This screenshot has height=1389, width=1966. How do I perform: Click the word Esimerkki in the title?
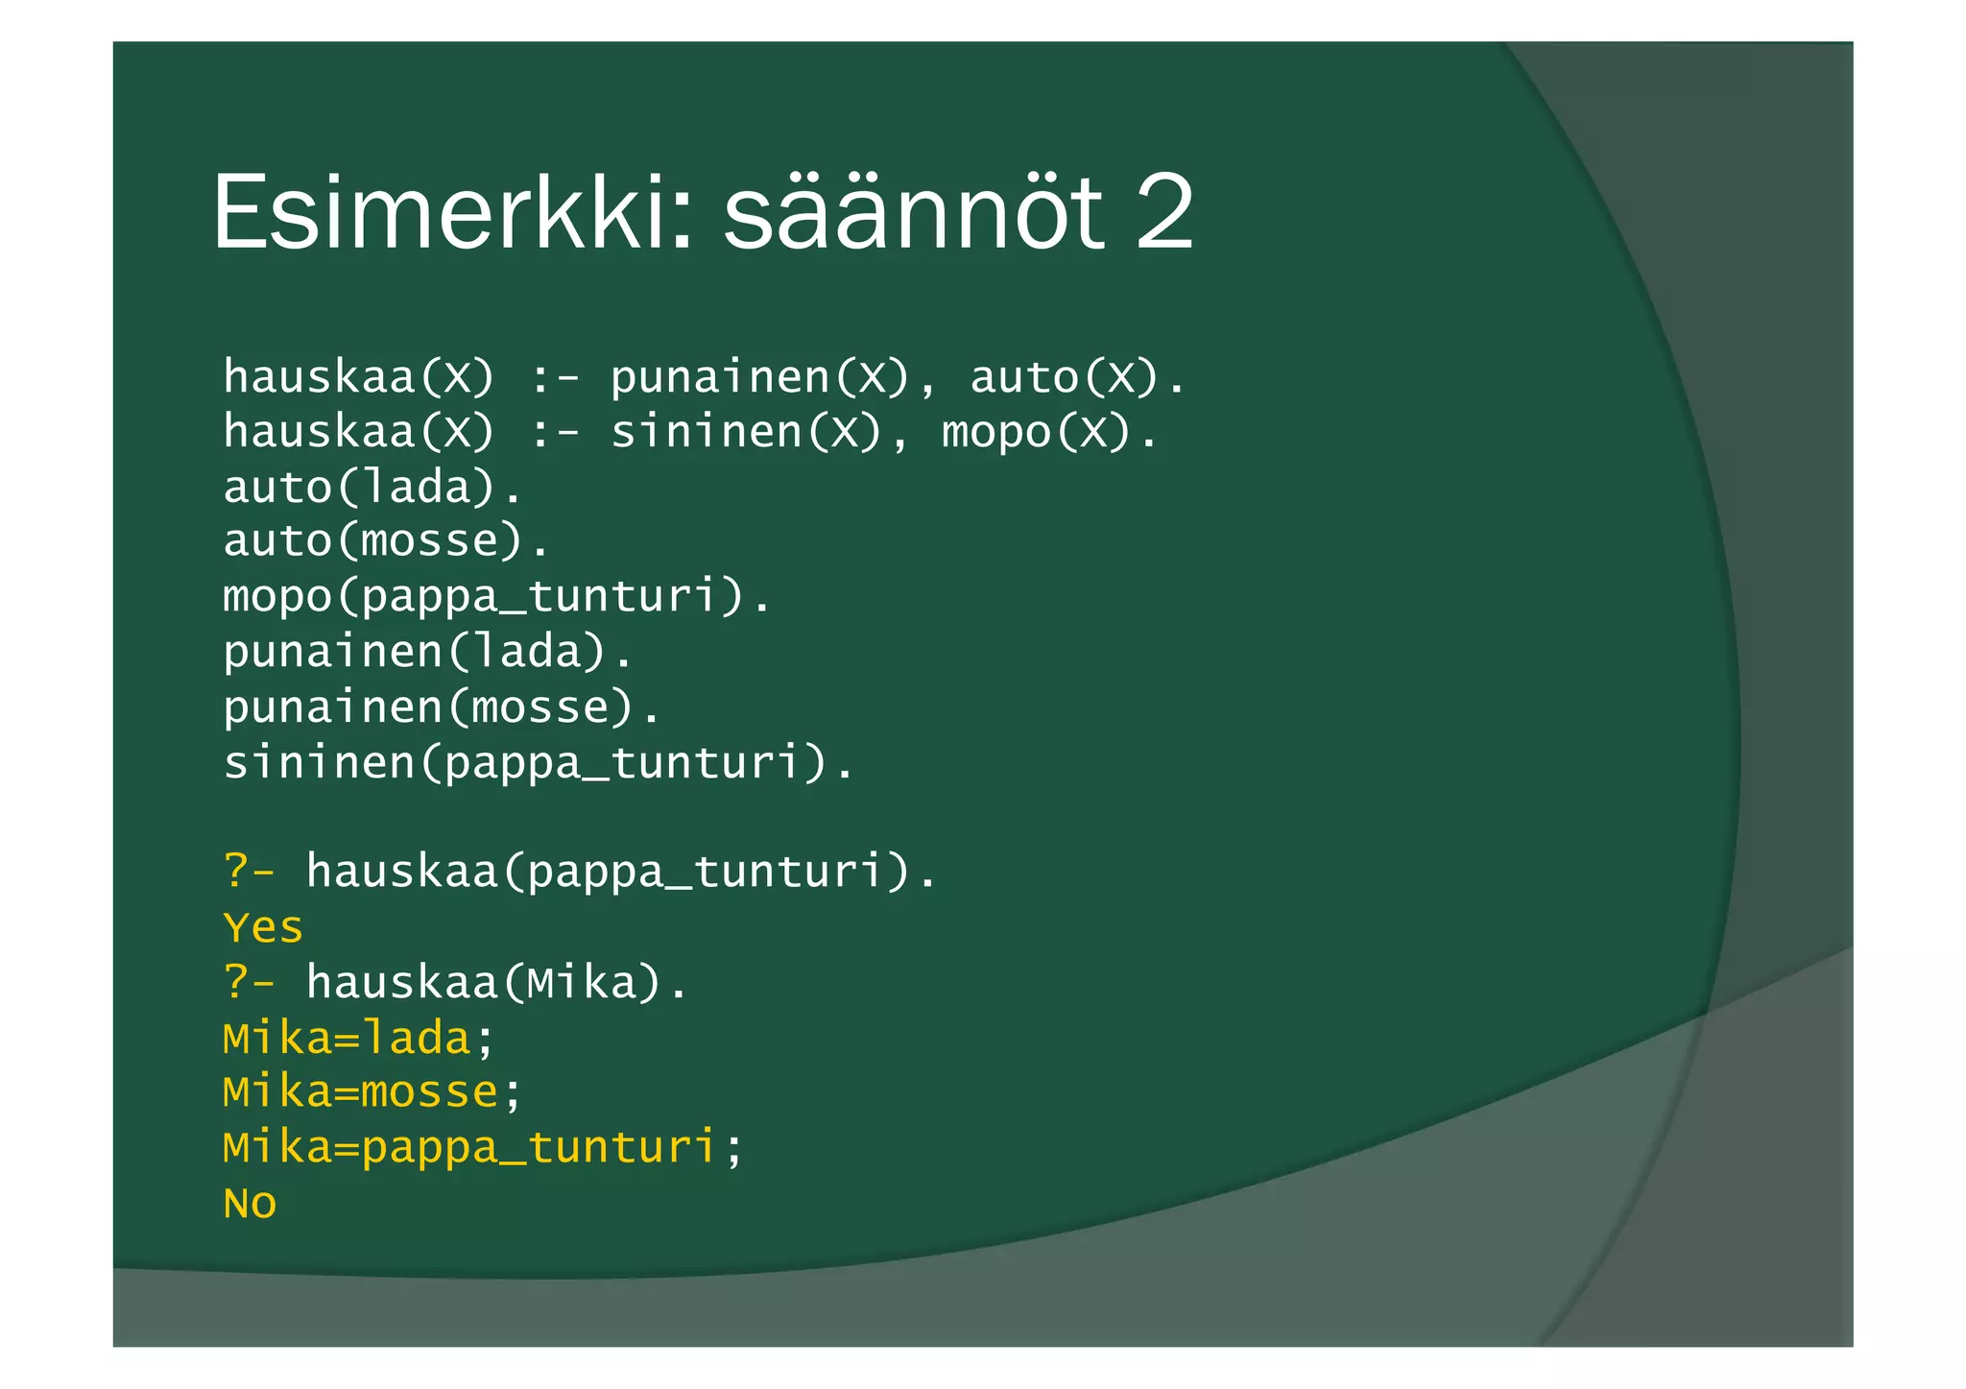pyautogui.click(x=451, y=212)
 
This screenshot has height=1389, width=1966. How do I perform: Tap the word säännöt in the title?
pyautogui.click(x=913, y=212)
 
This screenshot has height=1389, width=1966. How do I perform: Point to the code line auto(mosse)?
pyautogui.click(x=386, y=541)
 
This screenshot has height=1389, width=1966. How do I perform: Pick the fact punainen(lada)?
pyautogui.click(x=428, y=652)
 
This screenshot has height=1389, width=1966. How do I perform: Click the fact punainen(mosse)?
pyautogui.click(x=442, y=707)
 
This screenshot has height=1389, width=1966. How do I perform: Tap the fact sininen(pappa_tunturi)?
pyautogui.click(x=538, y=763)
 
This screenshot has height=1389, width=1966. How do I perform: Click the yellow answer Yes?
pyautogui.click(x=263, y=928)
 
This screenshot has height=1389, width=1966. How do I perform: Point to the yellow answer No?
pyautogui.click(x=250, y=1204)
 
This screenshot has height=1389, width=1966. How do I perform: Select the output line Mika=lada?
pyautogui.click(x=358, y=1039)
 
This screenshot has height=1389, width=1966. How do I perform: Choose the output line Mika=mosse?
pyautogui.click(x=372, y=1093)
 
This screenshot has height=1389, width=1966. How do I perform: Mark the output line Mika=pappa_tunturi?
pyautogui.click(x=483, y=1148)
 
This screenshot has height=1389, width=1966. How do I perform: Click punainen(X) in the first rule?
pyautogui.click(x=759, y=377)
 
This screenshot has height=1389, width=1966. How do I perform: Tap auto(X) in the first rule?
pyautogui.click(x=1065, y=377)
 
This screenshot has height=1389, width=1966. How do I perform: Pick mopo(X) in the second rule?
pyautogui.click(x=1037, y=432)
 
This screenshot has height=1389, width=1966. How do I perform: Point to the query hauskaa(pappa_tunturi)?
pyautogui.click(x=620, y=873)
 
